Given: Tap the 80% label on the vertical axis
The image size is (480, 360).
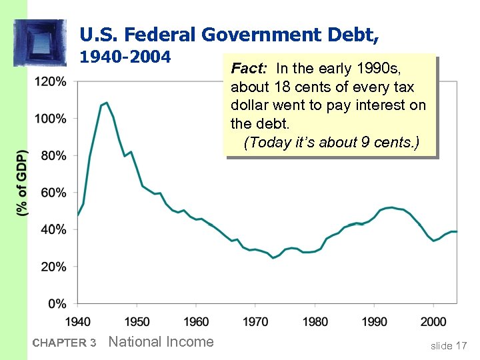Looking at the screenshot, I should pos(53,155).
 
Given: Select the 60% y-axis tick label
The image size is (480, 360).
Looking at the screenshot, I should pos(53,193).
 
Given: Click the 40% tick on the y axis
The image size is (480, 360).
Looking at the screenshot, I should pos(53,229).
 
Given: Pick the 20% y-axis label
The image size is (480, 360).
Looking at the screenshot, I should pos(53,267).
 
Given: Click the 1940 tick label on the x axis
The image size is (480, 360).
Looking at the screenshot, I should pos(78,322).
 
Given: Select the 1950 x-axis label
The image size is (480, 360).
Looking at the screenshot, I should pos(137,322).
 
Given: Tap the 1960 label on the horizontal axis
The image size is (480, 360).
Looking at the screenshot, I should pos(196,322).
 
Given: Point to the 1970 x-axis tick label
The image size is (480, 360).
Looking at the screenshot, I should pos(255,322).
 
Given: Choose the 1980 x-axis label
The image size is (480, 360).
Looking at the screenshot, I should pos(315,322).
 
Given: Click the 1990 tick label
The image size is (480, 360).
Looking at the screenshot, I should pos(374,322).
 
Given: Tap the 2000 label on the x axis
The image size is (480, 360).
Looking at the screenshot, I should pos(433,322).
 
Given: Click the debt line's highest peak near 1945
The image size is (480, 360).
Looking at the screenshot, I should pos(107,103).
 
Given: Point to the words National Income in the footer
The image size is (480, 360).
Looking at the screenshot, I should pos(161,342).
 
